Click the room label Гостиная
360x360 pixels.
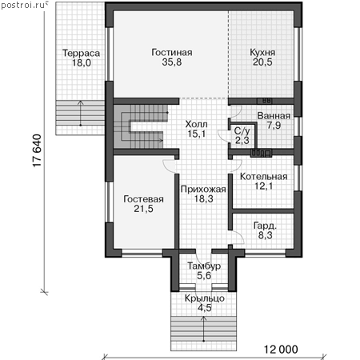pos(172,52)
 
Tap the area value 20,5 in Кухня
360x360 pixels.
pos(262,62)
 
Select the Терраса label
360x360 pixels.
pos(81,53)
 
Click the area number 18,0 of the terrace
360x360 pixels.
pos(82,63)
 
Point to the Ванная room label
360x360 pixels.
pos(274,116)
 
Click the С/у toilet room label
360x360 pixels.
pos(242,130)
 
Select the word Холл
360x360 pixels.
pos(196,124)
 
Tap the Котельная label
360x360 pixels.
pos(263,176)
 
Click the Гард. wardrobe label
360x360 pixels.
pos(265,226)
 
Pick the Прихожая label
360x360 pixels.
pos(203,189)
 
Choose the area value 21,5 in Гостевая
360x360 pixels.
pos(143,209)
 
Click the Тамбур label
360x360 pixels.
pos(204,266)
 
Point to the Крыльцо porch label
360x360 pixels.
pos(205,298)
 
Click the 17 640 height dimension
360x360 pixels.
pos(37,150)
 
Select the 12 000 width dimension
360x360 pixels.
pos(281,350)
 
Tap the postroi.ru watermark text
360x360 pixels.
pos(23,5)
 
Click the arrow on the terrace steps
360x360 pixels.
pos(81,113)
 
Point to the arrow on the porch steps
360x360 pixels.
pos(204,329)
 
